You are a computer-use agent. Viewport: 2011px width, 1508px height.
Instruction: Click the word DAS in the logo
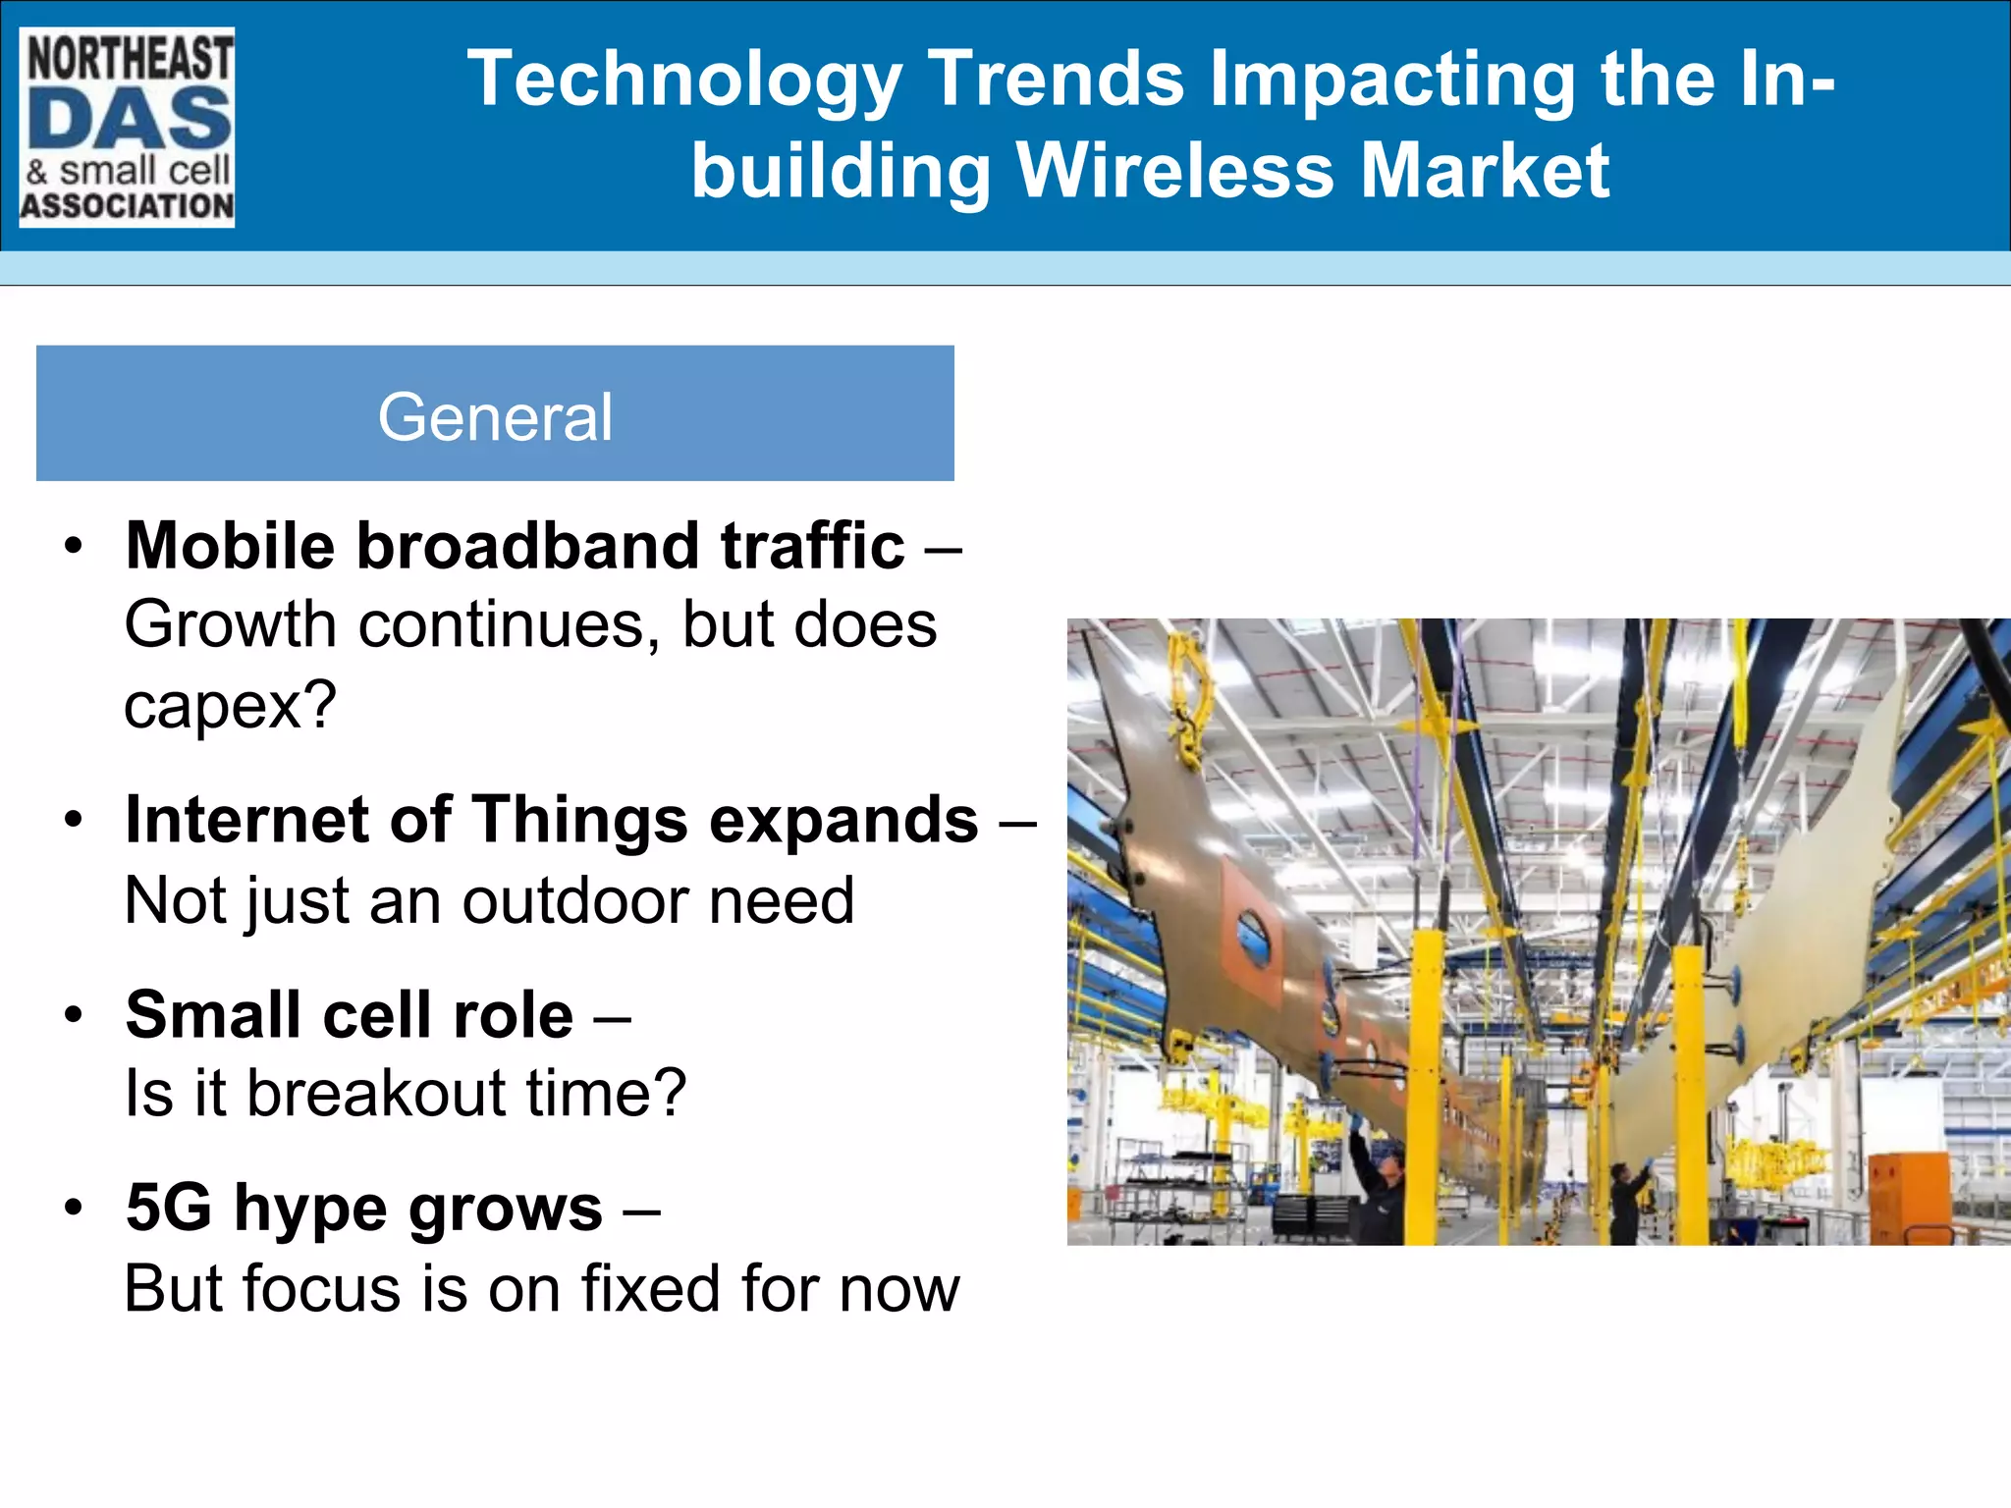point(129,118)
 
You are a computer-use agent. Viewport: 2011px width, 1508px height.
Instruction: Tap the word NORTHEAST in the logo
point(130,57)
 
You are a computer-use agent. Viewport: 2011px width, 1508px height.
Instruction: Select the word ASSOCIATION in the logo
point(128,206)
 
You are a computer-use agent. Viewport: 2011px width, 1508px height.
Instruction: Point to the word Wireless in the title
point(1174,171)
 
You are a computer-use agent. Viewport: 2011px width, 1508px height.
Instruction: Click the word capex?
point(231,705)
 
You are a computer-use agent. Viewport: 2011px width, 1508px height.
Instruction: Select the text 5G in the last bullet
point(169,1208)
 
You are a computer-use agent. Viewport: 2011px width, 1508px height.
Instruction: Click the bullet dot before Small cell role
point(74,1013)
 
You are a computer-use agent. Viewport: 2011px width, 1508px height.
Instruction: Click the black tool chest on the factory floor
point(1310,1216)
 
